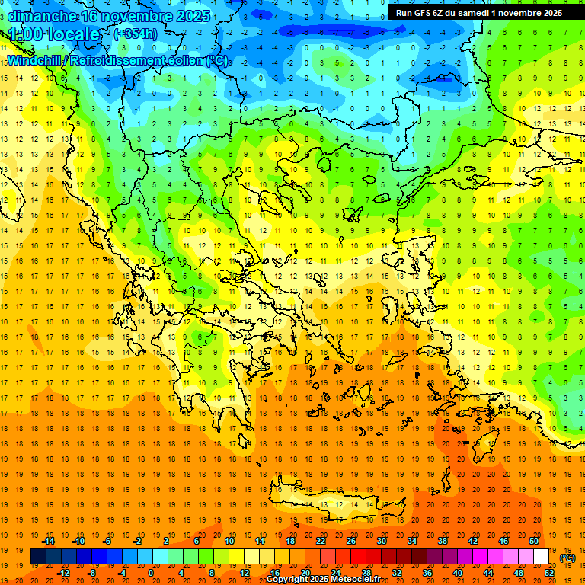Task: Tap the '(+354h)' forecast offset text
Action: (136, 34)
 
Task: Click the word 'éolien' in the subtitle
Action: (183, 60)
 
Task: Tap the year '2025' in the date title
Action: (190, 15)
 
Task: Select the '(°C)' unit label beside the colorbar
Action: (567, 557)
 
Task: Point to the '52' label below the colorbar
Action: (549, 573)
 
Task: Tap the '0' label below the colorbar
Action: (151, 573)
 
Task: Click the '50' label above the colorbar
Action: (533, 541)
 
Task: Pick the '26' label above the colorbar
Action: (351, 541)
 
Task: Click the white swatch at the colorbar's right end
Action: (542, 557)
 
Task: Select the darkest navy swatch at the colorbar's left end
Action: (38, 557)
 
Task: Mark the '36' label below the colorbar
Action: (427, 573)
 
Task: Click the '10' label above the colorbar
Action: (229, 541)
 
